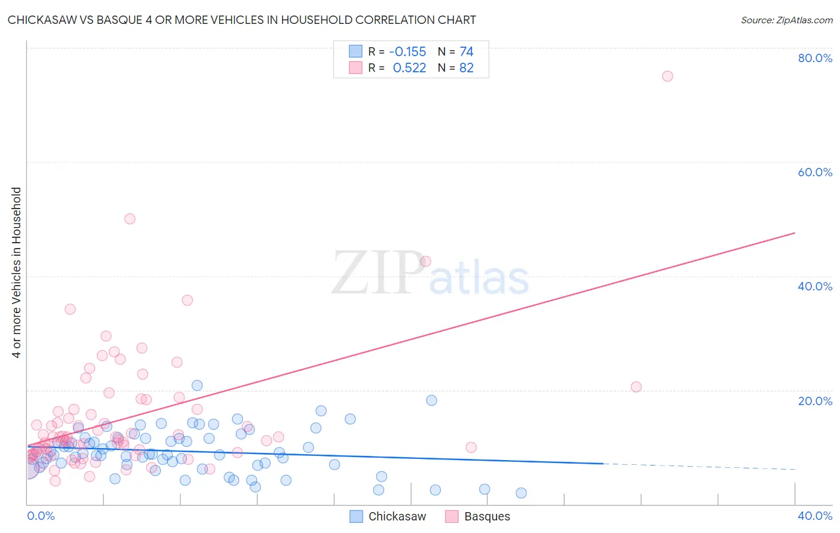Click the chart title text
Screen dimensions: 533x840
(x=241, y=20)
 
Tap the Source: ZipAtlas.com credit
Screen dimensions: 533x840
(x=786, y=20)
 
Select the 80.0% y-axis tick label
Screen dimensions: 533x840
(x=815, y=58)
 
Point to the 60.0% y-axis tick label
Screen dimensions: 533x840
(x=815, y=172)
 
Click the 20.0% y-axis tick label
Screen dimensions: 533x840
(x=815, y=401)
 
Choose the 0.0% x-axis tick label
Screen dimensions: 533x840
(x=41, y=516)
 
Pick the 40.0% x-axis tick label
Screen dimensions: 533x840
(x=815, y=516)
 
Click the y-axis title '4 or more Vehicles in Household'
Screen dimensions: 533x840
(x=17, y=272)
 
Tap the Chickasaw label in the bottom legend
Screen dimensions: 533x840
(x=397, y=517)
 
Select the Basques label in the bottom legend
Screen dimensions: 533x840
(x=487, y=517)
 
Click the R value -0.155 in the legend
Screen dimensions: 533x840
(x=407, y=52)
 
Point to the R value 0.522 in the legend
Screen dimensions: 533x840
(x=409, y=68)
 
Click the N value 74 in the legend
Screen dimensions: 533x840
(x=467, y=52)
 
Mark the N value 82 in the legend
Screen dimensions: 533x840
(x=467, y=68)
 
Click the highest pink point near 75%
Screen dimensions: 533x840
(x=667, y=76)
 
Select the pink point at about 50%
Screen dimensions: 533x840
(x=130, y=219)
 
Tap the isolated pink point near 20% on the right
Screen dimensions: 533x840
(x=636, y=387)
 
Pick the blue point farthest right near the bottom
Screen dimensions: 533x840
(x=521, y=493)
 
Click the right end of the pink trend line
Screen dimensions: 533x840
(x=795, y=232)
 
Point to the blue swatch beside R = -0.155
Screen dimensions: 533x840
(x=355, y=51)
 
